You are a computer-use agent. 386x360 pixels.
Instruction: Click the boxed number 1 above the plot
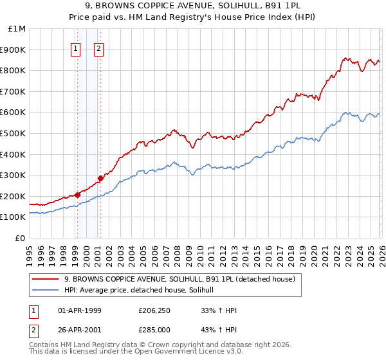coord(76,48)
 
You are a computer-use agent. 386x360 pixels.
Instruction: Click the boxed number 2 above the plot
coord(99,48)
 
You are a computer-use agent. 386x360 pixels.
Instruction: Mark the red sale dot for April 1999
coord(77,194)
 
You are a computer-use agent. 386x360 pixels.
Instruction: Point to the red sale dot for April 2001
coord(100,178)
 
